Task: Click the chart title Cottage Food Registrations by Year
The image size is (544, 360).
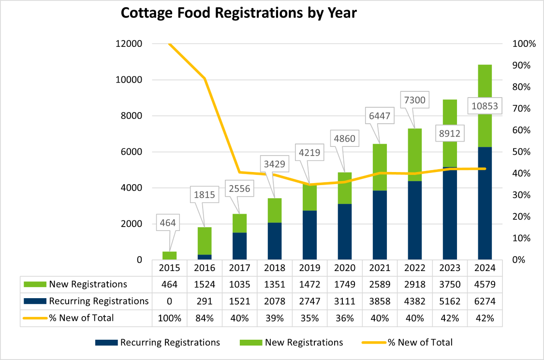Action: point(238,13)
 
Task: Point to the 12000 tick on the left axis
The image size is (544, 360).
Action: point(129,44)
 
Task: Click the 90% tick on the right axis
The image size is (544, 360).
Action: point(524,65)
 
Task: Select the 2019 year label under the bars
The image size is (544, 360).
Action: point(309,268)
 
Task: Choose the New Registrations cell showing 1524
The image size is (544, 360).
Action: point(205,284)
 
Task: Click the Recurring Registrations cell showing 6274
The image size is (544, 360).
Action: point(485,301)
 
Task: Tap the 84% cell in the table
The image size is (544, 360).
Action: point(205,318)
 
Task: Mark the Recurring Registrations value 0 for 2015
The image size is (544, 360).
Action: point(169,301)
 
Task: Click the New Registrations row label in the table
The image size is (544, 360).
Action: point(88,284)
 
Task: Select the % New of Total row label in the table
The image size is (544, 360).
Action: point(81,318)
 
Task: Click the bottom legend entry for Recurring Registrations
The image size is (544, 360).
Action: point(170,343)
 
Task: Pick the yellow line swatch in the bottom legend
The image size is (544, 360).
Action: point(373,343)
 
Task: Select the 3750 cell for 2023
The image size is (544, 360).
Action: point(450,284)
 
